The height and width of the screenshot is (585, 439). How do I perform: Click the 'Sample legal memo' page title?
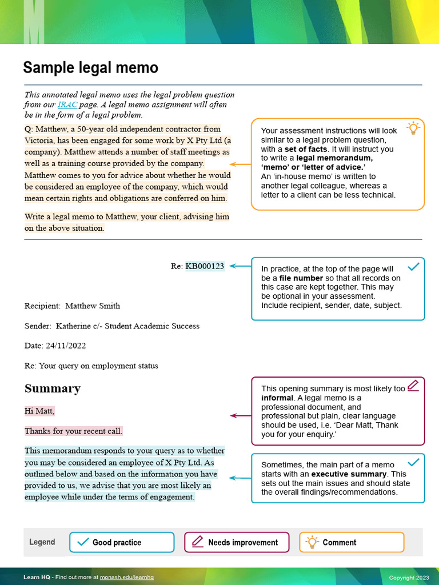coord(90,68)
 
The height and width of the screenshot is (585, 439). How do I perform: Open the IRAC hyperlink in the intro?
coord(65,105)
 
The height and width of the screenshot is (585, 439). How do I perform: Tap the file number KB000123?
coord(205,266)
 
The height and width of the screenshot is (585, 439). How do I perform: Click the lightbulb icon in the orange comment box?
coord(412,128)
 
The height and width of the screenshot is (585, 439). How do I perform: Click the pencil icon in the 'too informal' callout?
coord(413,386)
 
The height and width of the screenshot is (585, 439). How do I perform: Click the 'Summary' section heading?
coord(53,388)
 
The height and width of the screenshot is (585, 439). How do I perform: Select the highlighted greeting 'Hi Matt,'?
coord(39,411)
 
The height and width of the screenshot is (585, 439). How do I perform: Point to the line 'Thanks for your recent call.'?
coord(73,431)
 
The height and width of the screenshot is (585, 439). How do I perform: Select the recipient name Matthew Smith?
coord(93,306)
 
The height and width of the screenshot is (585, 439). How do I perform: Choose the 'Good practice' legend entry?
coord(121,542)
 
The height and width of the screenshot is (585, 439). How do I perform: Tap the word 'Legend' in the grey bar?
coord(42,542)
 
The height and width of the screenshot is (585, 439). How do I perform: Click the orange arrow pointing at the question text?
coord(240,165)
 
